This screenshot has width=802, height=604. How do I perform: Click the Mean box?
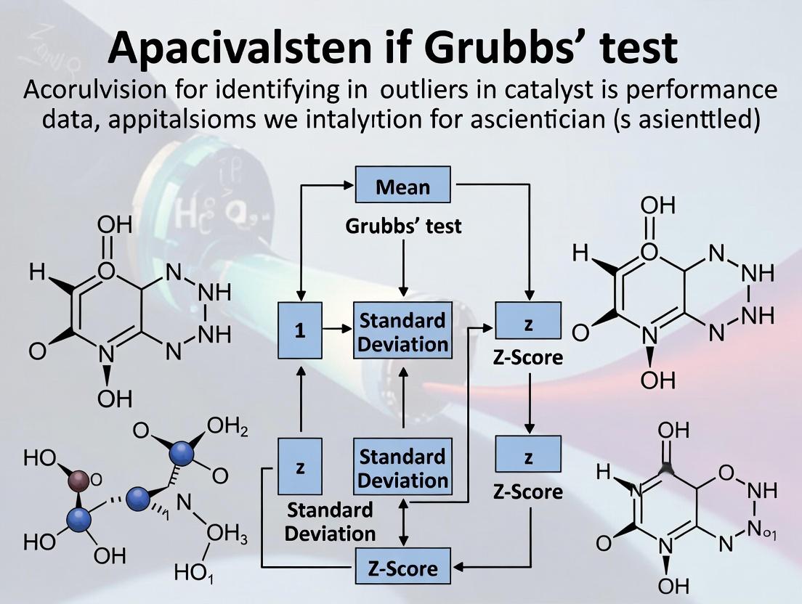coord(402,185)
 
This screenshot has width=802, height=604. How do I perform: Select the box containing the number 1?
coord(299,331)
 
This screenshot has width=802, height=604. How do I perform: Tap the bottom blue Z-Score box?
coord(402,567)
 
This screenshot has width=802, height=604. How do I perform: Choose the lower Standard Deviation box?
coord(403,468)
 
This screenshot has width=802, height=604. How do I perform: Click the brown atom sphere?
coord(78,480)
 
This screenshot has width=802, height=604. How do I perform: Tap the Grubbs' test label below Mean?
coord(403,226)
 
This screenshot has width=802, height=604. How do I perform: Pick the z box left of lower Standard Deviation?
coord(299,468)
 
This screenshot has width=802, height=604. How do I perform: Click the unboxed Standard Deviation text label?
coord(330,522)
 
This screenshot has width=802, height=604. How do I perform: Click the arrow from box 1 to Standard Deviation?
coord(336,330)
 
